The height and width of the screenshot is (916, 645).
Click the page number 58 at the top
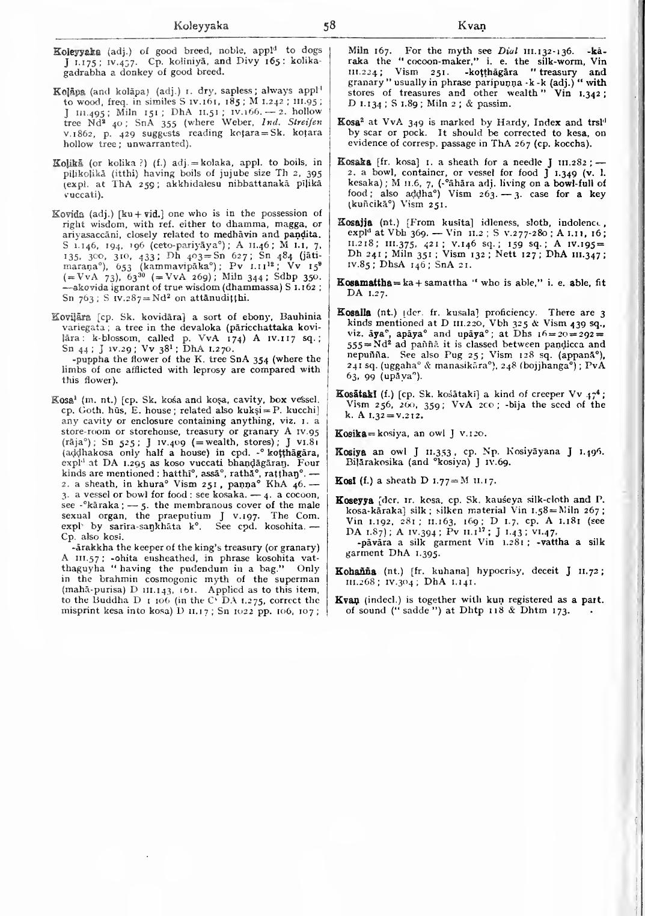pyautogui.click(x=329, y=26)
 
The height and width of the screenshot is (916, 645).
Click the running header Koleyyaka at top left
pyautogui.click(x=201, y=26)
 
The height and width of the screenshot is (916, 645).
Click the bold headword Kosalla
pyautogui.click(x=354, y=313)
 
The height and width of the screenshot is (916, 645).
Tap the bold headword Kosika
pyautogui.click(x=352, y=433)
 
